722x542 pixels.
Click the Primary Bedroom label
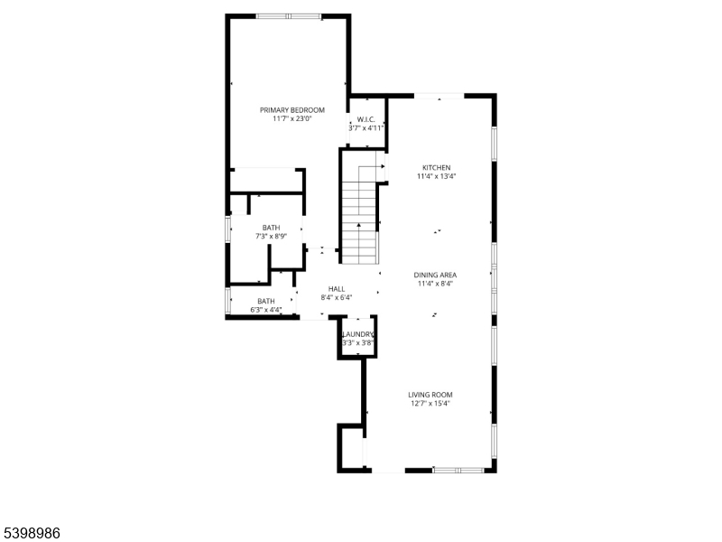pos(292,109)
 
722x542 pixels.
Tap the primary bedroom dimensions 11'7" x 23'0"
pos(292,118)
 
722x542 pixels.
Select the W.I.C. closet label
pos(366,119)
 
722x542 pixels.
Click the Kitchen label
pos(437,168)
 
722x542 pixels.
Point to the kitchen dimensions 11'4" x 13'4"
pos(437,177)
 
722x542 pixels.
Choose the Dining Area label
pos(434,275)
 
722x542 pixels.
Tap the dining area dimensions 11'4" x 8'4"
pos(434,284)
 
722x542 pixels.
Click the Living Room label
pos(430,395)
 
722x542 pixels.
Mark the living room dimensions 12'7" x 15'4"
pos(430,404)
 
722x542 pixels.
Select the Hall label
pos(337,289)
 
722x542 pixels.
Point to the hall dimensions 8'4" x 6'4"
pos(337,297)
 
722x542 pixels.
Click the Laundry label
pos(357,334)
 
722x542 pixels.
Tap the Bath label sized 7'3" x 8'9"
pos(271,228)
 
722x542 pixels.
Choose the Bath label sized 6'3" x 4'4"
pos(266,302)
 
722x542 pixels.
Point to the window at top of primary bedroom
pos(287,16)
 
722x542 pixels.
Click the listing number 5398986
pos(32,533)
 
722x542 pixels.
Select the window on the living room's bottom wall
pos(459,470)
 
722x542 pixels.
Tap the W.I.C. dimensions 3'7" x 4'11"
pos(366,128)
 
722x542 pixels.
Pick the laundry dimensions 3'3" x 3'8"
pos(357,343)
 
